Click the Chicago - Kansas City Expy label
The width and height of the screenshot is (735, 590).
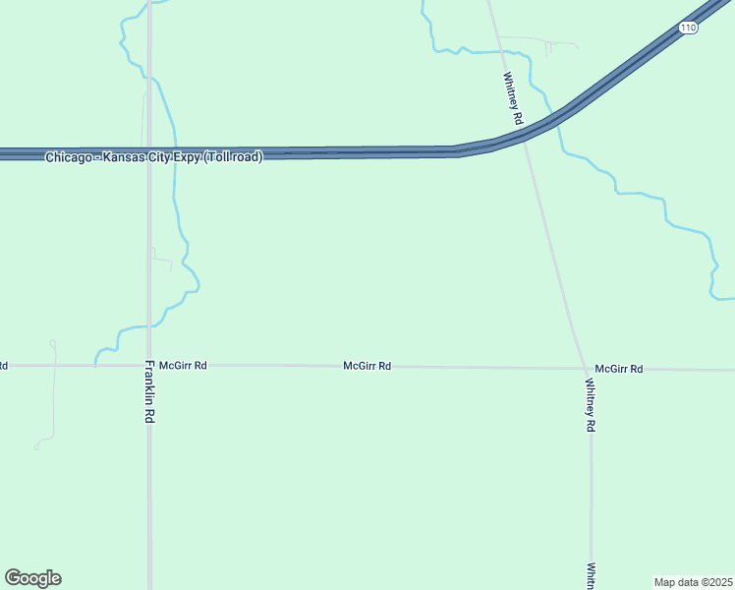[153, 157]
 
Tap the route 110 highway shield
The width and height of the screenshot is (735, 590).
[688, 29]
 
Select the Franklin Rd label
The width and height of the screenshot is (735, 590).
[150, 390]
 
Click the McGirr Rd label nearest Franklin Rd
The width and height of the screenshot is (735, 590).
[183, 365]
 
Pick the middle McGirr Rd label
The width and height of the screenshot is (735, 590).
[367, 366]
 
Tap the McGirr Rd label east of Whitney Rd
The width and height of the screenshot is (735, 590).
[619, 369]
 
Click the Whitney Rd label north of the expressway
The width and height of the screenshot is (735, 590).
[513, 97]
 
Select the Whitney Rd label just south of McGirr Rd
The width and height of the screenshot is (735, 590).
[591, 405]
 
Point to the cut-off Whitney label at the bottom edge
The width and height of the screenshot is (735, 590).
[592, 576]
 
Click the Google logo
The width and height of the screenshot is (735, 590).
[32, 578]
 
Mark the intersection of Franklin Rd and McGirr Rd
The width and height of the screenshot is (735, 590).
[149, 365]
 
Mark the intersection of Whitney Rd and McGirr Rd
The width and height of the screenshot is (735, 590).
[586, 369]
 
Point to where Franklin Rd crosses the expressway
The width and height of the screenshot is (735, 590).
[149, 153]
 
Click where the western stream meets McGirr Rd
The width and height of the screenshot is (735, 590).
[95, 365]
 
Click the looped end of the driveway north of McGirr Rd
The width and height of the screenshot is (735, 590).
[53, 343]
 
